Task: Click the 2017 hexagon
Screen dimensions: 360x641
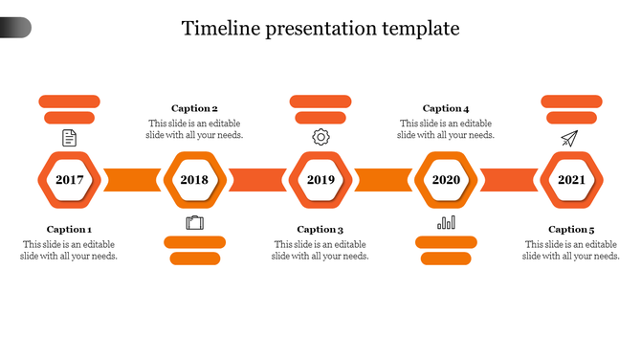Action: [69, 180]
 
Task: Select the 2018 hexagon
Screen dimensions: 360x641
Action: [194, 180]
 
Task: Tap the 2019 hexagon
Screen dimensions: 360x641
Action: [320, 180]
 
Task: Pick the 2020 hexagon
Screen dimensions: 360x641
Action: [446, 180]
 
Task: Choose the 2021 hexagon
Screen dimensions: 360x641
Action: [572, 180]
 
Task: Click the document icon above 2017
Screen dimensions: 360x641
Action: [69, 138]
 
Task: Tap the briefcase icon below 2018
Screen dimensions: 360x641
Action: [195, 223]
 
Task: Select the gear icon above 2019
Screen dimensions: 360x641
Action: [320, 138]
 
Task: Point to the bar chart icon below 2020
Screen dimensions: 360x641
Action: [446, 223]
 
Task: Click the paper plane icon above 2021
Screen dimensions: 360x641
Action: [570, 139]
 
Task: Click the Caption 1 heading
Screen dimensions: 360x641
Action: [69, 230]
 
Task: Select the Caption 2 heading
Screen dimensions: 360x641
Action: [194, 109]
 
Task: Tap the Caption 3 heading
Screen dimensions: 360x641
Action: [320, 230]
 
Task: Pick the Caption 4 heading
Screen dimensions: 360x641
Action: [446, 109]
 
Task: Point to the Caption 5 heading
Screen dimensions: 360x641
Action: [571, 230]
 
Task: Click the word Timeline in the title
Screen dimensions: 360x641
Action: [220, 28]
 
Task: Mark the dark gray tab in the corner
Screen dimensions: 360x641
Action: [14, 28]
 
